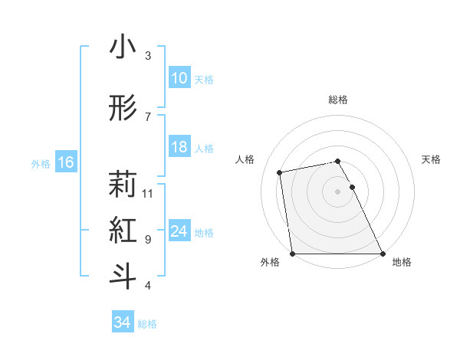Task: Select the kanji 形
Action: [123, 108]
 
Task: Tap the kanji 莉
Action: [123, 185]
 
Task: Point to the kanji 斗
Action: [123, 277]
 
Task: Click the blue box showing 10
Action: [179, 78]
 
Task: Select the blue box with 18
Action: [179, 147]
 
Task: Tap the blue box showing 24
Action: [179, 231]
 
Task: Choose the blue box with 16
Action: [65, 162]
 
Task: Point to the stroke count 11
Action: [149, 193]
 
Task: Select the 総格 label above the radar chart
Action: [338, 100]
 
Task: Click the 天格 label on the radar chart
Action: [432, 159]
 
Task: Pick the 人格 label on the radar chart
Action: [245, 159]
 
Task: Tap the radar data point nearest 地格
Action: [383, 254]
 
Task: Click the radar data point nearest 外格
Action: [292, 254]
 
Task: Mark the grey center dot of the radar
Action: [338, 191]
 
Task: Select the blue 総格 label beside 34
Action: [147, 324]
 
